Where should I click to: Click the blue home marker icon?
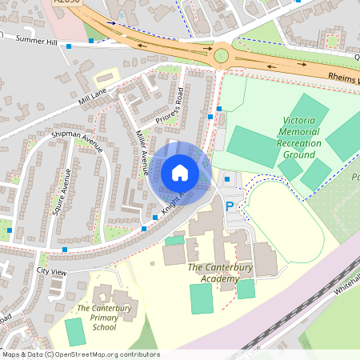pos(180,173)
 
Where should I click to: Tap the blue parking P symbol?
pos(230,206)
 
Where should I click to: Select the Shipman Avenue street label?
pos(78,141)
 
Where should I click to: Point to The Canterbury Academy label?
pos(214,272)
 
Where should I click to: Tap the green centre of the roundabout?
pos(221,55)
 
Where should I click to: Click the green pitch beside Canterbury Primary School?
pos(74,331)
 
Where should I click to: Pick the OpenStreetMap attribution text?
pos(81,354)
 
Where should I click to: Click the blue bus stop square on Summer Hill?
pos(92,40)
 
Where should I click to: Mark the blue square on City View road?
pos(64,250)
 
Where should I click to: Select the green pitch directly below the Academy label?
pos(202,298)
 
